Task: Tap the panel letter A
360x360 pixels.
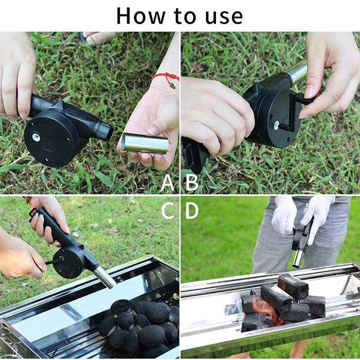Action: [167, 182]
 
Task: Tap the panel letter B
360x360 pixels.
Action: [192, 182]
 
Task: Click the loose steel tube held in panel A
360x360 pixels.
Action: [145, 143]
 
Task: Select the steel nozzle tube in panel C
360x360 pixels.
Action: [104, 276]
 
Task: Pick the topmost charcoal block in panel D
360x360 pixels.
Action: [292, 286]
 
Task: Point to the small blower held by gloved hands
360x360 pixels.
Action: [301, 239]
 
